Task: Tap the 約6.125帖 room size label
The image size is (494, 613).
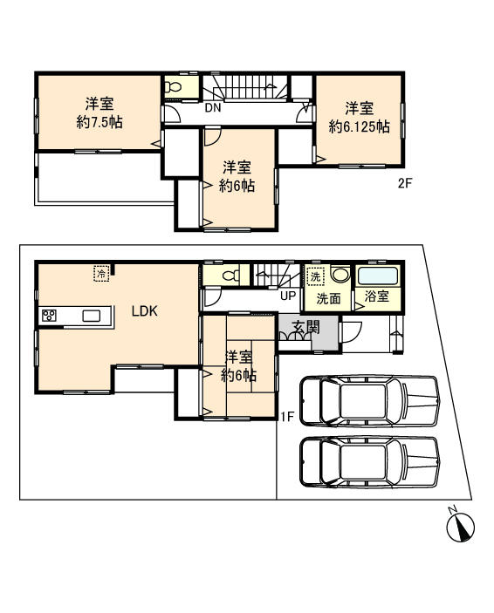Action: [x=359, y=126]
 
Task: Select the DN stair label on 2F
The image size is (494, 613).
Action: [x=213, y=109]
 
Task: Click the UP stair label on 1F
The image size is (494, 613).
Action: [x=287, y=296]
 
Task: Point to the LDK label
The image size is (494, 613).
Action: [x=144, y=310]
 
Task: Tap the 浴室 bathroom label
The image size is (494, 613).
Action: [x=377, y=297]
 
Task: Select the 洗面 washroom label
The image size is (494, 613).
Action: [x=328, y=297]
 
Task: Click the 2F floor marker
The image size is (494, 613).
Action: [x=404, y=183]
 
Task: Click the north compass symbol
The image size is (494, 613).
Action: [x=460, y=526]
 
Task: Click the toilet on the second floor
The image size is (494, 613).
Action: [x=173, y=87]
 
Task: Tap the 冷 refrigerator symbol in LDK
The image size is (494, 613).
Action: [x=101, y=274]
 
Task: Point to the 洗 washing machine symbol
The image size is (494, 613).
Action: [x=315, y=276]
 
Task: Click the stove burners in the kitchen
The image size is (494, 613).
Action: [x=48, y=316]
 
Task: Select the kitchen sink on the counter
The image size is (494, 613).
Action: [x=91, y=316]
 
